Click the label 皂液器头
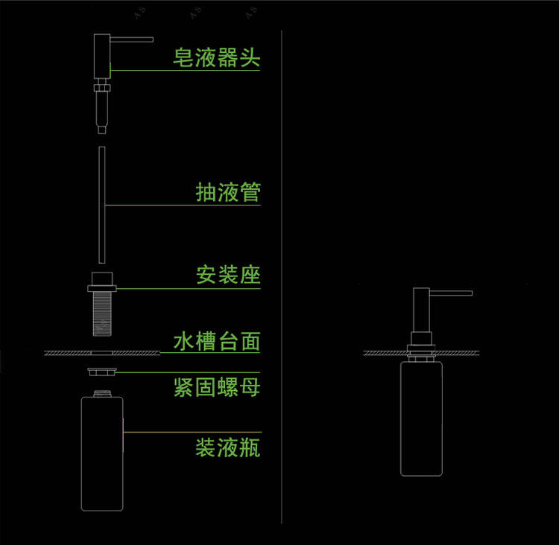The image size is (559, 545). pos(216,57)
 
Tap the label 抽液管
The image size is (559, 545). pos(228,192)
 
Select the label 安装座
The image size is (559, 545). pos(228,275)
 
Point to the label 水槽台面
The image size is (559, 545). pos(217,341)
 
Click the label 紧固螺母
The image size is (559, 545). pos(217,387)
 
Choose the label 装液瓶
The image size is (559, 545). pos(228,447)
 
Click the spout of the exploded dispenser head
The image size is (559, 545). pos(131,39)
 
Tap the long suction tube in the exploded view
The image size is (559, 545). pos(102,205)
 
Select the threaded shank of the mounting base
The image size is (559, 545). pos(102,313)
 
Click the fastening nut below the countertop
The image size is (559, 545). pos(102,372)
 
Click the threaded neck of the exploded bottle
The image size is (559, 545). pos(102,394)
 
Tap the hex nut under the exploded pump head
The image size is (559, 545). pos(102,88)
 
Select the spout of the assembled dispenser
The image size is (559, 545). pos(451,293)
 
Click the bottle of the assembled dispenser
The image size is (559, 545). pos(421,419)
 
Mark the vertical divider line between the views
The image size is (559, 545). pos(282,277)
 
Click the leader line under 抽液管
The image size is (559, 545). pos(183,205)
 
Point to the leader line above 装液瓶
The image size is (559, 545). pos(192,432)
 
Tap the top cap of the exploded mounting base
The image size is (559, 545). pos(102,279)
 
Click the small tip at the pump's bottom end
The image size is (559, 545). pos(102,130)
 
